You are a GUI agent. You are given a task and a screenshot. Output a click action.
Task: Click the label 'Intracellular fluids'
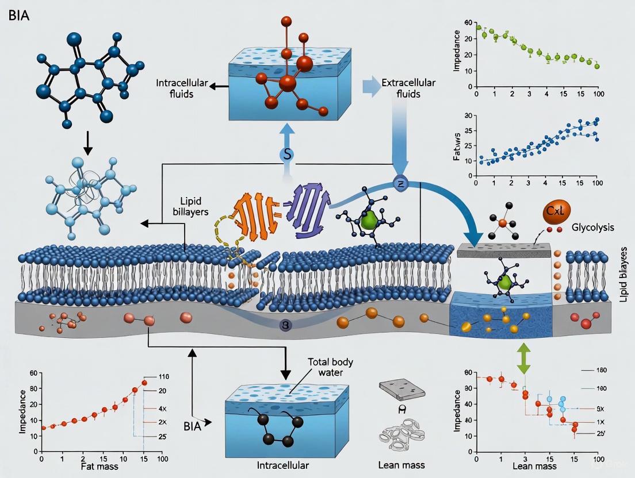[x=181, y=88]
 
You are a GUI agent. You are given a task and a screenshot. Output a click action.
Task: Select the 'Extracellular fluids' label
[x=408, y=88]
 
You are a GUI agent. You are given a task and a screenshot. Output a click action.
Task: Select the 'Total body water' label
[x=330, y=368]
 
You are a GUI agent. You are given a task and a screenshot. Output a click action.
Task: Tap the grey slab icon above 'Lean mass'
[x=403, y=390]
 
